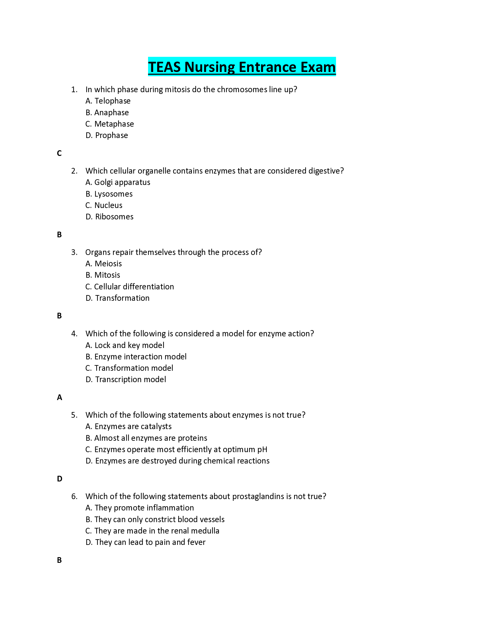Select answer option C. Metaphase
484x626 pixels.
[110, 124]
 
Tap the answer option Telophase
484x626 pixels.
[108, 101]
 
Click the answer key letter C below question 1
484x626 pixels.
[59, 153]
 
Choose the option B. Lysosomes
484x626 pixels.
[109, 194]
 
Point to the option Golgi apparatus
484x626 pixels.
[118, 183]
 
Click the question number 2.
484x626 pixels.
[74, 171]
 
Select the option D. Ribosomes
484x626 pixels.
[110, 217]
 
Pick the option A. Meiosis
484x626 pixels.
[104, 264]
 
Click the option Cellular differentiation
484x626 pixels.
[130, 287]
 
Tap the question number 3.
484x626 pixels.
[74, 252]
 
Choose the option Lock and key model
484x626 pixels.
[125, 345]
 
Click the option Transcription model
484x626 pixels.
[126, 380]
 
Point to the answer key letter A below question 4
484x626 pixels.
[59, 398]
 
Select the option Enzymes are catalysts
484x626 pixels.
[128, 427]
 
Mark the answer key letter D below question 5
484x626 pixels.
[60, 479]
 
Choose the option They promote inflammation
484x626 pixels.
[140, 508]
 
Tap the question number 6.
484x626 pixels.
[74, 497]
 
